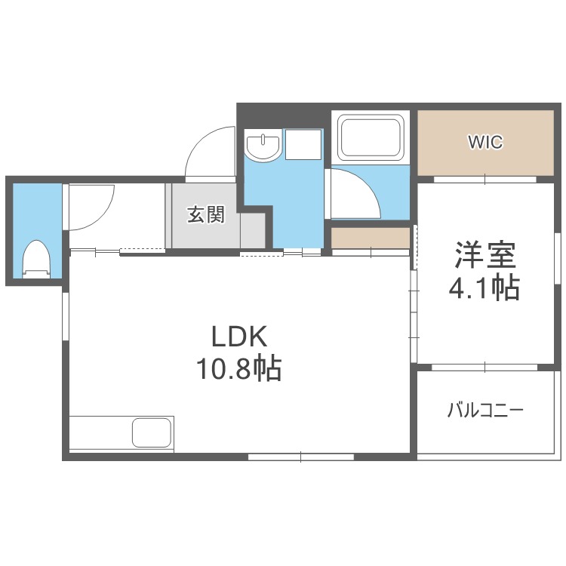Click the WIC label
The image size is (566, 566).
point(485,142)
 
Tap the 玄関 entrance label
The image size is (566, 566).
point(206,214)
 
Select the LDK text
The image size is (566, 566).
point(239,336)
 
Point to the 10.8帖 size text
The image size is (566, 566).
point(238,368)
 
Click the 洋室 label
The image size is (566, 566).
point(484,255)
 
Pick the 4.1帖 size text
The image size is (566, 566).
point(484,288)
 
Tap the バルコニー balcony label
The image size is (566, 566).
point(485,411)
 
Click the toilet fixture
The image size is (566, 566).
point(35,259)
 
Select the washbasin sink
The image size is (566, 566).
point(263,146)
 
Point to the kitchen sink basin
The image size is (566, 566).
point(152,432)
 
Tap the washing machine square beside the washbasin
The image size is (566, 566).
point(303,144)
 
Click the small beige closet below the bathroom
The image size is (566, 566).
point(371,238)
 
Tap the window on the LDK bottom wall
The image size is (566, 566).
point(301,457)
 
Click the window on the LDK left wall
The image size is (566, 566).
point(66,316)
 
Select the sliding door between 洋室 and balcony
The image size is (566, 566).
point(484,367)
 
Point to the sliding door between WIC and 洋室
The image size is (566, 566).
point(484,179)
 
